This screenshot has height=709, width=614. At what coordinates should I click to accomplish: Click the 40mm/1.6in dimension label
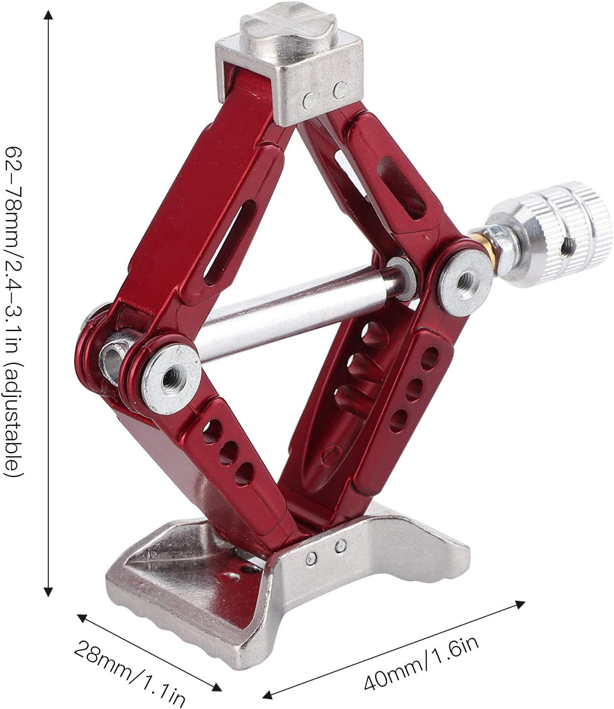pos(422,658)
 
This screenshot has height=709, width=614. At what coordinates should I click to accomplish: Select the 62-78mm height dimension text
pos(14,244)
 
